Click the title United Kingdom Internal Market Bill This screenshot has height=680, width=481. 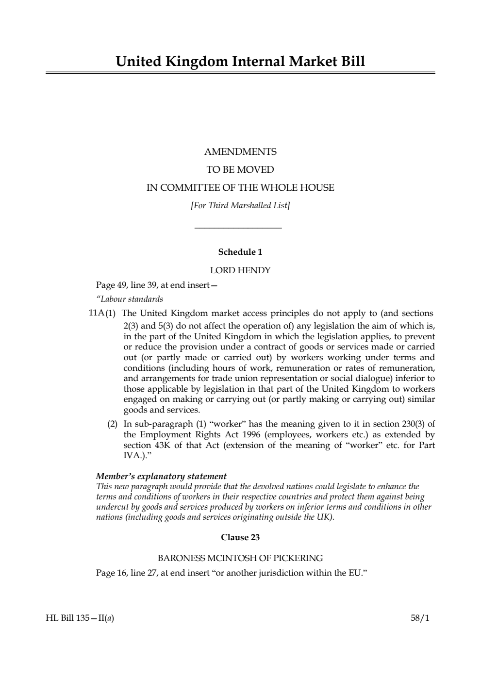tap(240, 62)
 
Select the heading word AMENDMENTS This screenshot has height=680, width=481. tap(240, 152)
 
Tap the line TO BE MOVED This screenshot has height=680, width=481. tap(240, 170)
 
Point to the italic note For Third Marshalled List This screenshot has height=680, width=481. tap(240, 205)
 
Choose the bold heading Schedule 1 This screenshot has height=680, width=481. tap(240, 252)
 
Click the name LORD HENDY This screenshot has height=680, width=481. tap(240, 270)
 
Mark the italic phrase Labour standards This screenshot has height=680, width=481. tap(130, 299)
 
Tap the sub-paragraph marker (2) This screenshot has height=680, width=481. tap(113, 424)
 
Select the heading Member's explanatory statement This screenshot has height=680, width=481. tap(161, 476)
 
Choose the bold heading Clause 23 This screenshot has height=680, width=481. tap(240, 537)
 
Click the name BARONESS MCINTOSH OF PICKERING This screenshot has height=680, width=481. tap(240, 558)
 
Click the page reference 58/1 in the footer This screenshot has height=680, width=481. tap(420, 618)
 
